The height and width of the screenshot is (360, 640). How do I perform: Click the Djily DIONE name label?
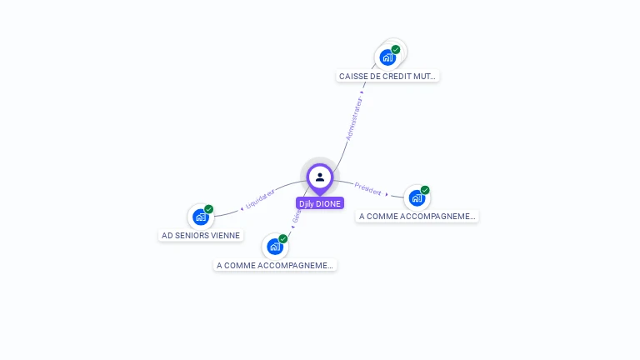(320, 203)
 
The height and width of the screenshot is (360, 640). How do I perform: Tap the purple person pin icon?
(320, 177)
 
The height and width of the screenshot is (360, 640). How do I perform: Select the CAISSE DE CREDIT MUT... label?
(387, 76)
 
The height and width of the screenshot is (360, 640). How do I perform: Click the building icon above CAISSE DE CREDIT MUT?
(387, 57)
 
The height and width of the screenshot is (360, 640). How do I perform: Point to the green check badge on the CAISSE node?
(396, 49)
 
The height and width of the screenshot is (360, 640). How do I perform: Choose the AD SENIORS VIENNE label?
(201, 235)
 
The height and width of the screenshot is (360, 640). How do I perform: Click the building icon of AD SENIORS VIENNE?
(200, 217)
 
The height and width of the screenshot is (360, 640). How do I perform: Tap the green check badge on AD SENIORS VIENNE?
(209, 209)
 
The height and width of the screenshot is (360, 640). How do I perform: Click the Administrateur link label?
(355, 118)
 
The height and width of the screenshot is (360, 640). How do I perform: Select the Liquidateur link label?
(260, 198)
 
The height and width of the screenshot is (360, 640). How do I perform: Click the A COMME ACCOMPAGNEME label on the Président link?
(417, 216)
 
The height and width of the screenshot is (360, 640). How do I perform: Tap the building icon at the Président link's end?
(416, 197)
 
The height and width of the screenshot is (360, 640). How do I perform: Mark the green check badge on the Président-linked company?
(425, 190)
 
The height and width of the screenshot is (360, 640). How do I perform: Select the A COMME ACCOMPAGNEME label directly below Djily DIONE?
(275, 265)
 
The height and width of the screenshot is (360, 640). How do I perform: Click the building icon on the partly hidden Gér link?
(274, 247)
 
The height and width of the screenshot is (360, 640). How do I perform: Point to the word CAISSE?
(355, 76)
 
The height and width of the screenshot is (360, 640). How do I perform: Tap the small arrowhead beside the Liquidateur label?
(242, 207)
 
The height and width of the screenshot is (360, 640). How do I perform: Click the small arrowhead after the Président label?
(387, 194)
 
